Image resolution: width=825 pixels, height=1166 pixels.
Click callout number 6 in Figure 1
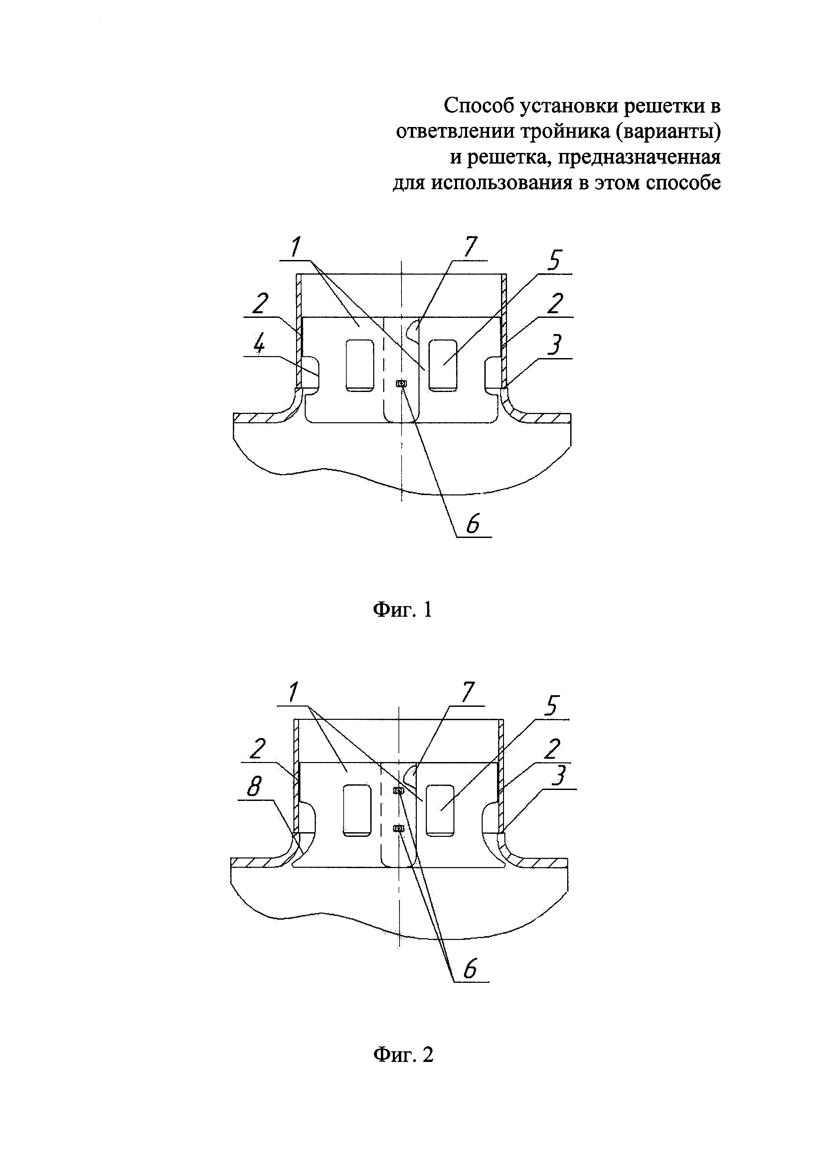coord(473,523)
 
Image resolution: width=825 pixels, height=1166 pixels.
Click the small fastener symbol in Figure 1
coord(401,384)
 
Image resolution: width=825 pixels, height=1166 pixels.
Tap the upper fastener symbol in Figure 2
coord(399,790)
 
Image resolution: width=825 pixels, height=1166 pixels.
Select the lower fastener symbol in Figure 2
coord(399,829)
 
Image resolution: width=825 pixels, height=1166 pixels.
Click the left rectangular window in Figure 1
coord(360,366)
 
